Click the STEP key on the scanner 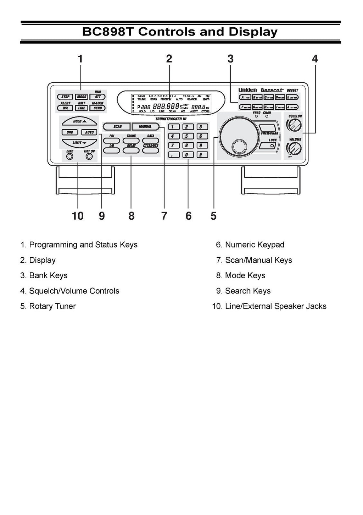66,97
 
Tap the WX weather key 66,108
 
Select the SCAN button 117,126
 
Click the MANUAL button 145,126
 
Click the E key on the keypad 200,155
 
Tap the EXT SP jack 89,157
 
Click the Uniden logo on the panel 247,90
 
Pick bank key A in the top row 245,97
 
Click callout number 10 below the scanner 77,216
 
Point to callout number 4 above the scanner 315,59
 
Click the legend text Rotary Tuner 52,306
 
